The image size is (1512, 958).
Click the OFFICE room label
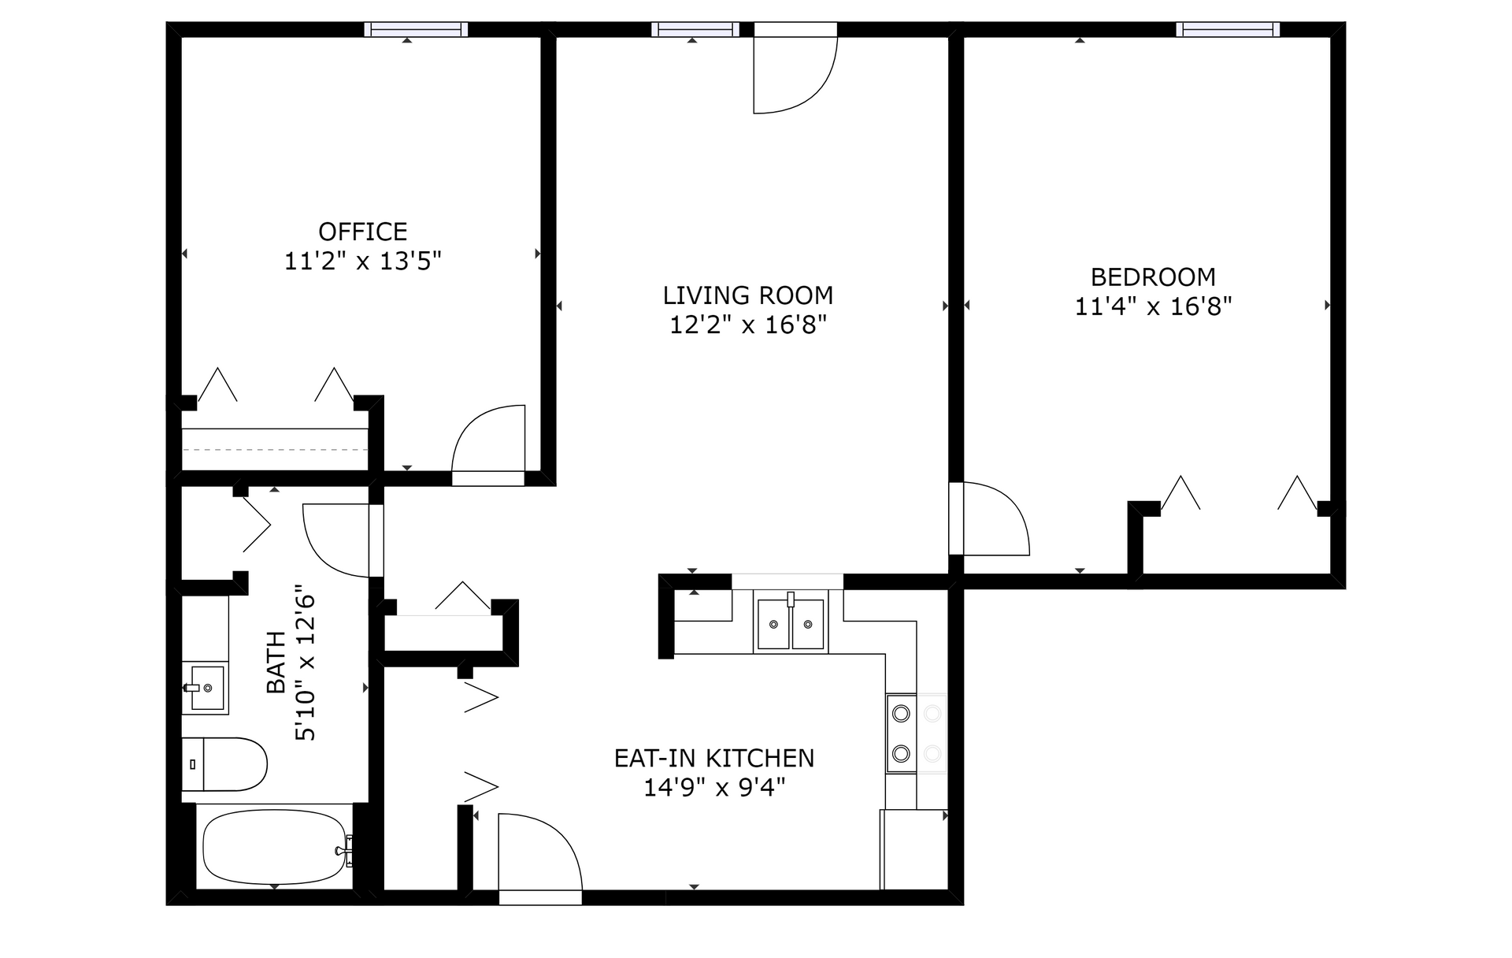click(363, 232)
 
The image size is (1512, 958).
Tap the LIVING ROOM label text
click(748, 295)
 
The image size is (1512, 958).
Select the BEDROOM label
click(1153, 277)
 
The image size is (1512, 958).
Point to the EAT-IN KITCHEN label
click(714, 758)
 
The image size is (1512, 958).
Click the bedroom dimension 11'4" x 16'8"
click(1153, 306)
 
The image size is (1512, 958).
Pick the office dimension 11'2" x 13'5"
click(363, 261)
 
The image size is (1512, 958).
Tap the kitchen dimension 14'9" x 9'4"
click(714, 787)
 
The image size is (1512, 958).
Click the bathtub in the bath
click(276, 848)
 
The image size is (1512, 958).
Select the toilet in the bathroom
click(224, 764)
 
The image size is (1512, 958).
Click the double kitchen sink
click(791, 622)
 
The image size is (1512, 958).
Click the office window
click(417, 30)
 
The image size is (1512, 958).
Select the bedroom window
click(1228, 30)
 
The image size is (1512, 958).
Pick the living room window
click(695, 30)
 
